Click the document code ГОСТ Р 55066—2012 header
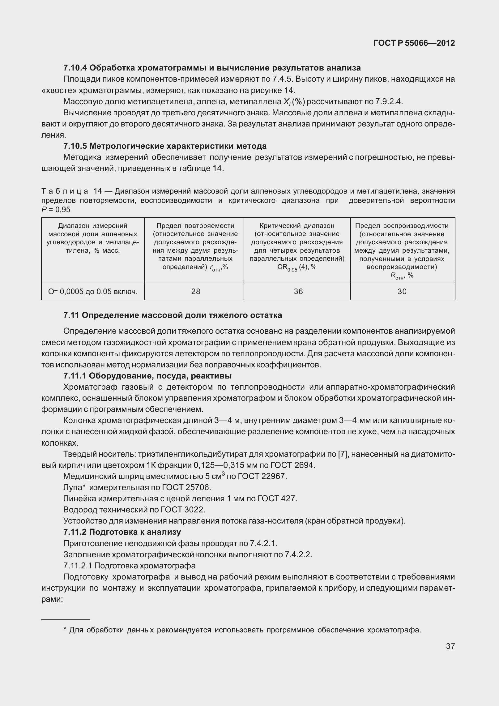(x=414, y=43)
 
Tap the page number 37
(x=450, y=646)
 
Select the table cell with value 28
(x=196, y=291)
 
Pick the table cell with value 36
(x=298, y=291)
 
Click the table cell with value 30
(x=402, y=291)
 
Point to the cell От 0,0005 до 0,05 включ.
(x=93, y=291)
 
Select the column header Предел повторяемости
(x=195, y=226)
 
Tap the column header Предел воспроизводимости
(x=402, y=226)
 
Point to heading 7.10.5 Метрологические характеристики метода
(x=165, y=146)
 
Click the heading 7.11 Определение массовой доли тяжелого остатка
(x=173, y=315)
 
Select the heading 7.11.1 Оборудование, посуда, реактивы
(x=147, y=376)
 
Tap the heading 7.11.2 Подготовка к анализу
(x=122, y=532)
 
